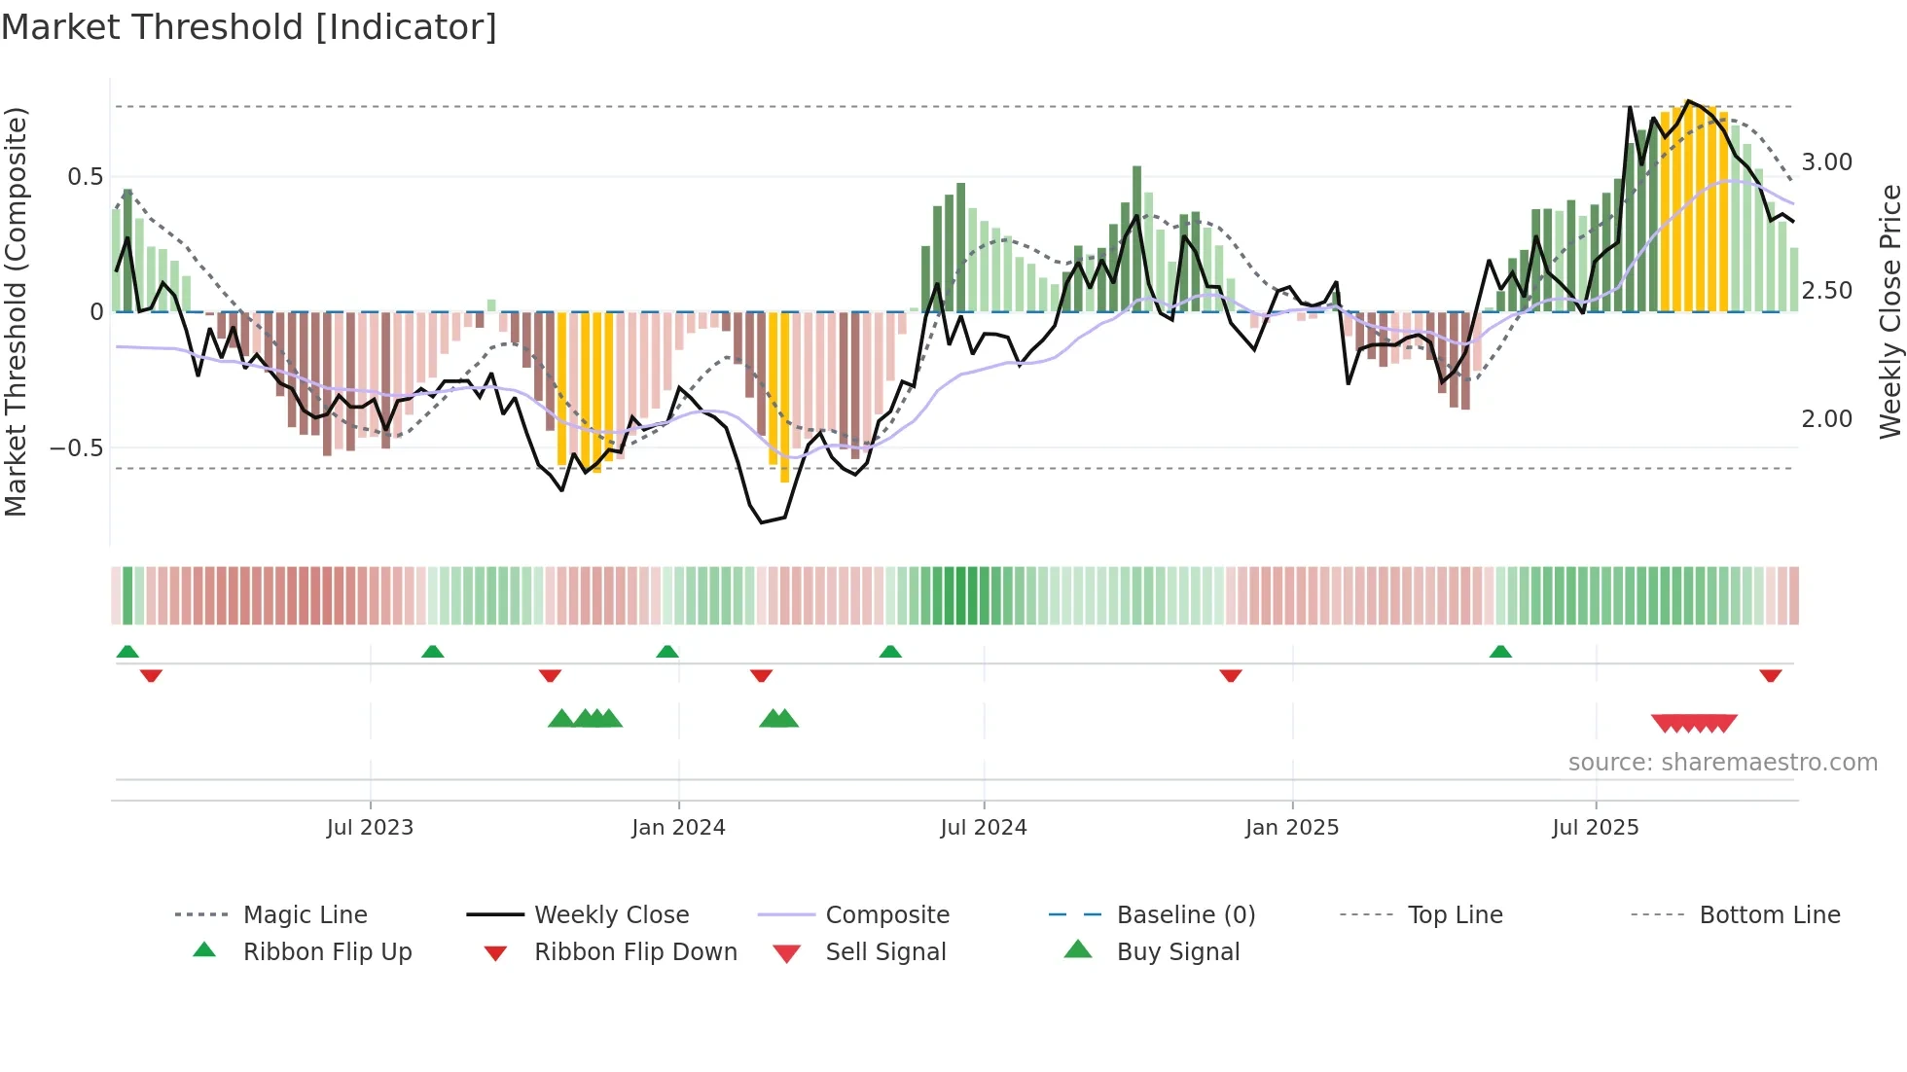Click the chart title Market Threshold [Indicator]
(249, 27)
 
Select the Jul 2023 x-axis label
(370, 828)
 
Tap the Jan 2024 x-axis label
(678, 828)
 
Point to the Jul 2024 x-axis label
(984, 828)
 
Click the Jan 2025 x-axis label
(1292, 828)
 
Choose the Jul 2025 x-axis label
(1596, 828)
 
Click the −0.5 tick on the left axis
(76, 448)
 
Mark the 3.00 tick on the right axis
(1827, 162)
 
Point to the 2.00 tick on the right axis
(1827, 419)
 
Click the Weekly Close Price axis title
(1889, 311)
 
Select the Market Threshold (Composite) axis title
(16, 311)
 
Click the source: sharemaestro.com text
(1722, 763)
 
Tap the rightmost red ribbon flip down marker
(1770, 675)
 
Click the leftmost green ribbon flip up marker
(127, 652)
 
